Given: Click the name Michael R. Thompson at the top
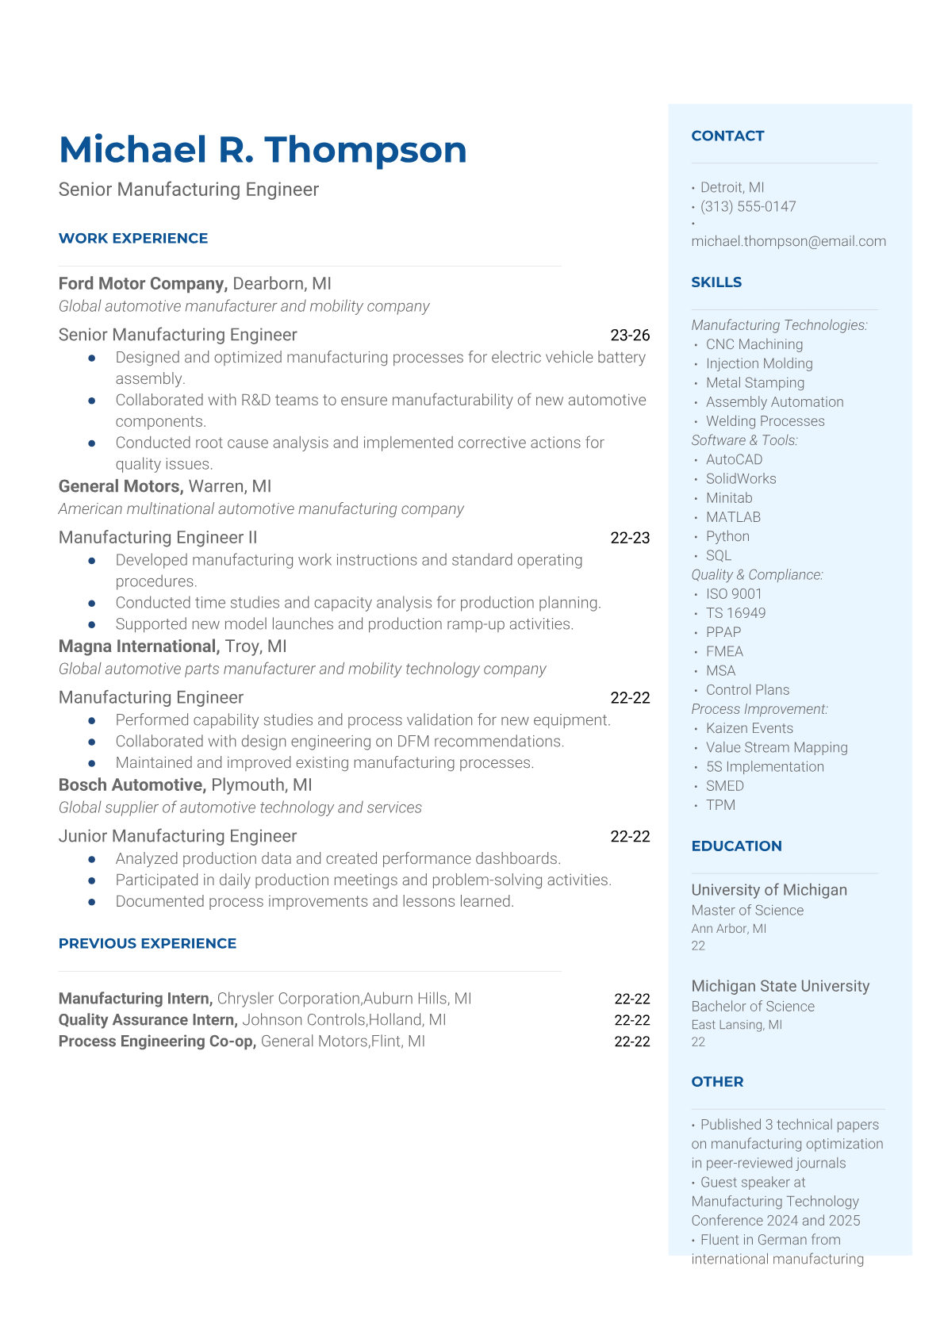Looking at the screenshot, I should (x=263, y=150).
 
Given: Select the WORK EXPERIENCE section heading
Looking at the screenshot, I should (x=133, y=238).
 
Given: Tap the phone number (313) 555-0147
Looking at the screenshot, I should (x=748, y=206).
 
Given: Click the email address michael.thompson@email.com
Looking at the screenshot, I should (x=789, y=241).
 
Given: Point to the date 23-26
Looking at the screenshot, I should (x=630, y=335).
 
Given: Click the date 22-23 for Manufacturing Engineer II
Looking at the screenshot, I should (x=630, y=538).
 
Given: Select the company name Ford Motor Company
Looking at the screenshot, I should (x=143, y=283).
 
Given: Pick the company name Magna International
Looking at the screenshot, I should (x=139, y=646).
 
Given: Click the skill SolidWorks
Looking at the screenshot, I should (x=741, y=478).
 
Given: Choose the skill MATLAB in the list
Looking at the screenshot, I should (x=733, y=517).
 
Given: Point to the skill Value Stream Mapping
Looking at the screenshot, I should (x=777, y=747).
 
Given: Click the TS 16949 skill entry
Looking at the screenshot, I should (x=735, y=613).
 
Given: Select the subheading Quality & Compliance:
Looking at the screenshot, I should (x=757, y=574).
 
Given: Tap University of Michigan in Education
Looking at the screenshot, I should (x=769, y=890).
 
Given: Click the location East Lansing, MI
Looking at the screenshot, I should (x=736, y=1025).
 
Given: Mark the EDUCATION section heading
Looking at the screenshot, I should (x=736, y=846).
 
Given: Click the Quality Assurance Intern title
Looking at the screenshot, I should (x=148, y=1020).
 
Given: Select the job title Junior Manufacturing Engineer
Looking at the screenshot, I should (x=178, y=836).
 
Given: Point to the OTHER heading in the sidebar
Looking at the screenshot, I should (x=717, y=1081).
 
